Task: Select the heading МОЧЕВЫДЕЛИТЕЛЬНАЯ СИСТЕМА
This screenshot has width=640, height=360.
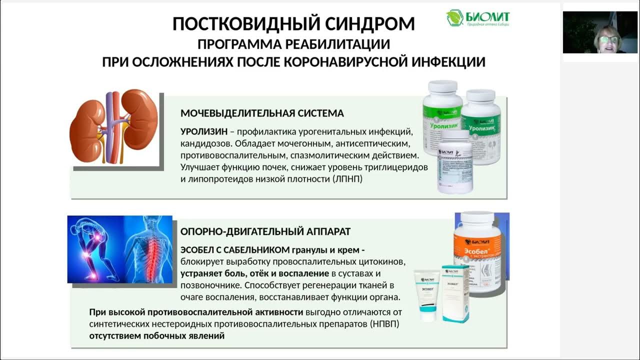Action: pos(262,113)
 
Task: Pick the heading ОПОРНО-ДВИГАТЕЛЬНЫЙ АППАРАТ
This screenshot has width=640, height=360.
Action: pos(265,232)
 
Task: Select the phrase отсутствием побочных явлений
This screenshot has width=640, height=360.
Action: pos(157,336)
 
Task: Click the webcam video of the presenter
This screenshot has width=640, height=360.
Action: pos(600,32)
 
